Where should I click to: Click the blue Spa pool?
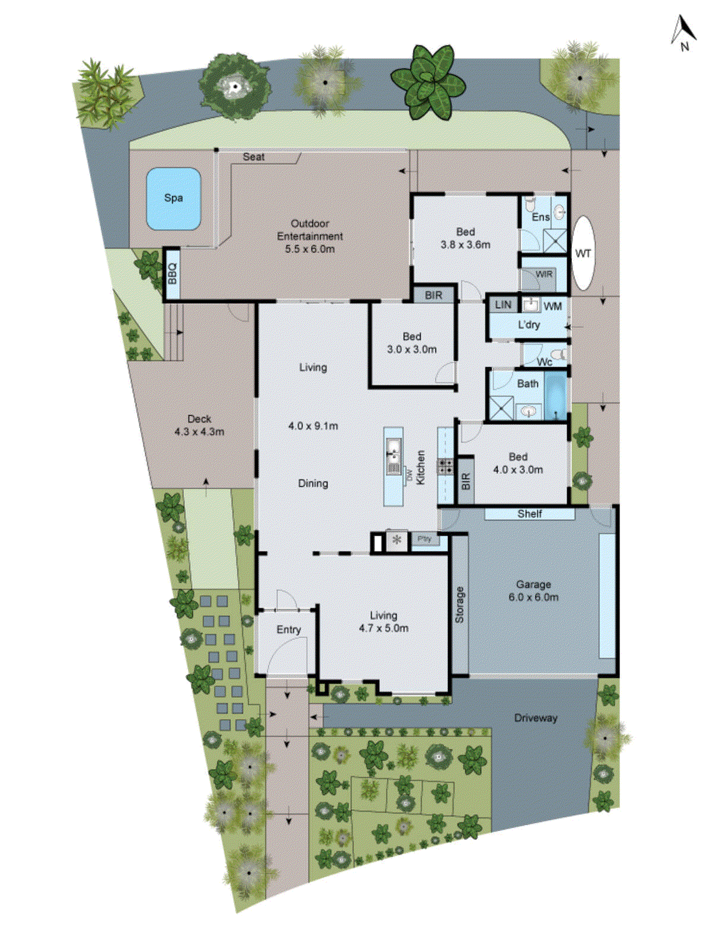(x=173, y=198)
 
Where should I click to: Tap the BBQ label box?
(x=172, y=274)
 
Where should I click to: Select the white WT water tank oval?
(x=583, y=253)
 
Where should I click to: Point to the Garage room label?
(x=533, y=584)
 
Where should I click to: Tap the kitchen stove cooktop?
(x=446, y=466)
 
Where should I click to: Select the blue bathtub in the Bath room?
(x=556, y=396)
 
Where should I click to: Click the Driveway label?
(x=536, y=718)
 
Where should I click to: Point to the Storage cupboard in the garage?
(x=460, y=605)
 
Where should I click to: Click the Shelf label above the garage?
(x=529, y=514)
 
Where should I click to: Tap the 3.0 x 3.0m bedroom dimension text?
(x=412, y=349)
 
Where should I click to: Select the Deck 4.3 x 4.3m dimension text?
(x=199, y=432)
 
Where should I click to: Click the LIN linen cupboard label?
(x=503, y=305)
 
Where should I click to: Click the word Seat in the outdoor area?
(x=253, y=157)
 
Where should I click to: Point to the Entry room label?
(x=288, y=629)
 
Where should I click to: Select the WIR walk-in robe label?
(x=543, y=274)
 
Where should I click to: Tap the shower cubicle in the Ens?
(x=555, y=241)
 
